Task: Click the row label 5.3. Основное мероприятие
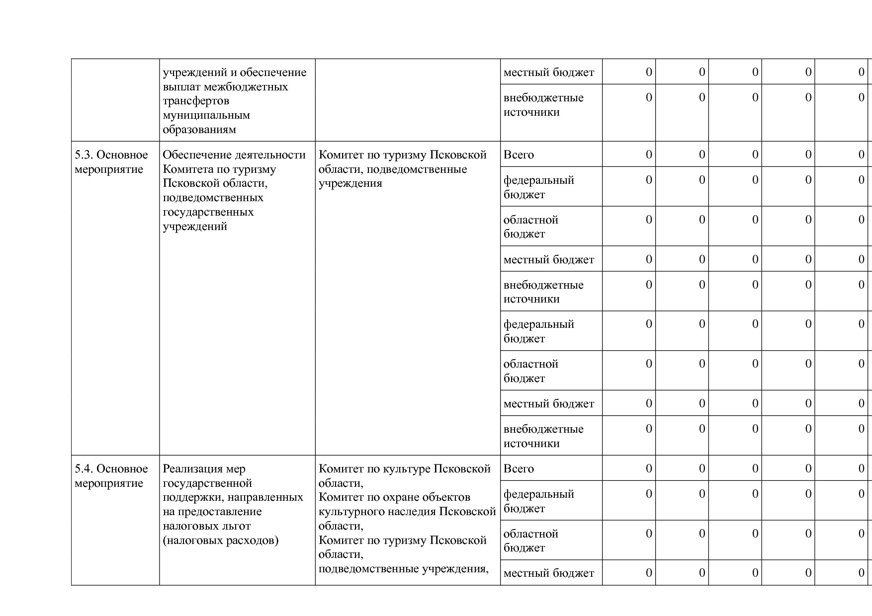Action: [x=111, y=162]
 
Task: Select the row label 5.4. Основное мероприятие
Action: [x=111, y=476]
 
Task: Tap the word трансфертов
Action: [x=196, y=101]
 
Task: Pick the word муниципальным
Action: [x=206, y=115]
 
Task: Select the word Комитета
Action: [x=188, y=169]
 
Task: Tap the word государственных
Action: [x=208, y=212]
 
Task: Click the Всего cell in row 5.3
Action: [x=519, y=155]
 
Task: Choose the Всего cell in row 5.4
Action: [x=519, y=469]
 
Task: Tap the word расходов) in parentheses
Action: [x=252, y=540]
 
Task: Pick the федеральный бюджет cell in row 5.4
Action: [x=538, y=501]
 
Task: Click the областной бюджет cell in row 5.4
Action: [x=530, y=540]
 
